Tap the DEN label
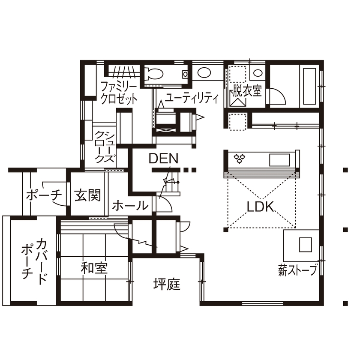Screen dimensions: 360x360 [163, 159]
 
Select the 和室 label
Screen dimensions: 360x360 [94, 269]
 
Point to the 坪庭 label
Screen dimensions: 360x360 [167, 284]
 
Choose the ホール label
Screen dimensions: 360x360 [130, 206]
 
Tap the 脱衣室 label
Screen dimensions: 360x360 [247, 91]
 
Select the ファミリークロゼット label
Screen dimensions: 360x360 [119, 93]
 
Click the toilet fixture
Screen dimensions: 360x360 [153, 74]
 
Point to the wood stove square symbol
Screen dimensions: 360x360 [306, 245]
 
